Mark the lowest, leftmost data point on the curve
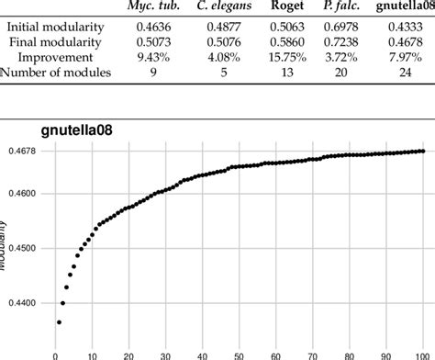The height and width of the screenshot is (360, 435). point(59,321)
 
